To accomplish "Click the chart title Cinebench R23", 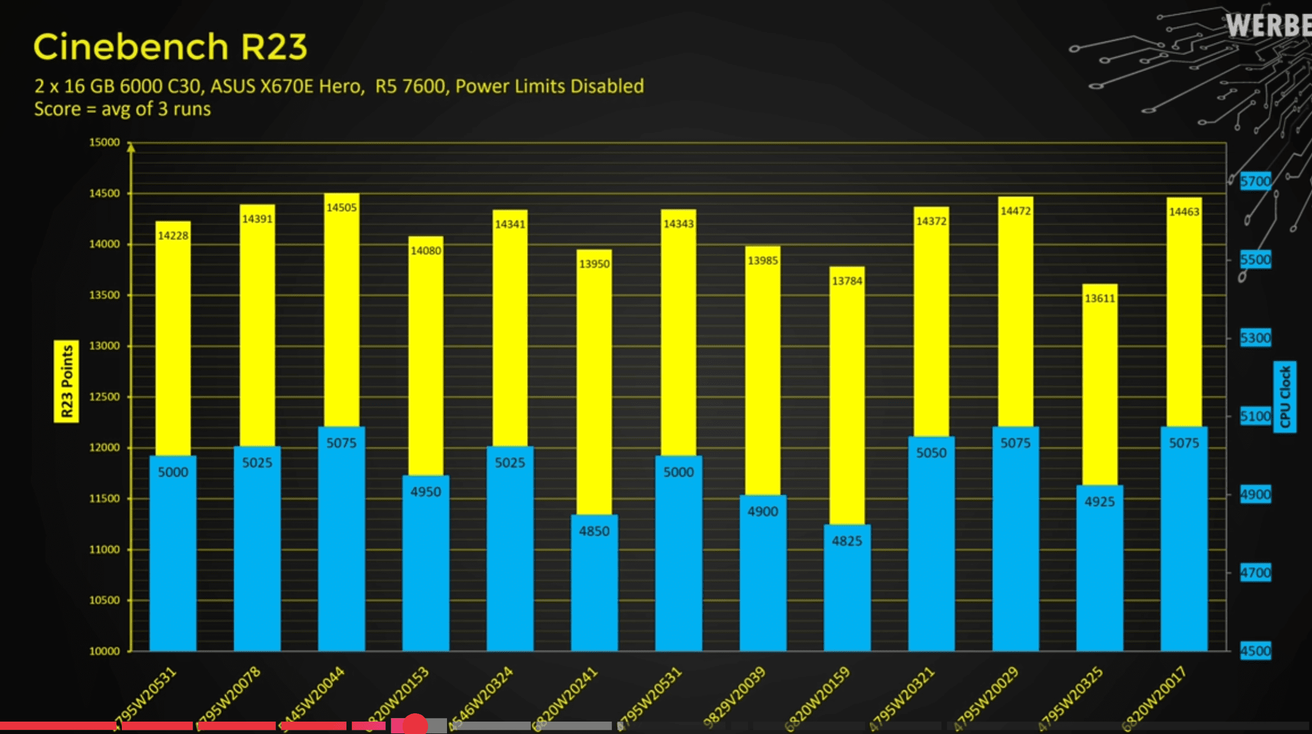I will tap(170, 47).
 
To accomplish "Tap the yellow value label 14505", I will tap(341, 208).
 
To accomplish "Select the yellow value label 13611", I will tap(1099, 298).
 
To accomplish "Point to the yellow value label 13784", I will tap(847, 281).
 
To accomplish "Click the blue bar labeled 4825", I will tap(847, 586).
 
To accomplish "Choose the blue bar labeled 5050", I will tap(931, 544).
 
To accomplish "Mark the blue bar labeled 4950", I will tap(426, 562).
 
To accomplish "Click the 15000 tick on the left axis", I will tap(104, 143).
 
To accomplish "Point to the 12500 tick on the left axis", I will tap(104, 397).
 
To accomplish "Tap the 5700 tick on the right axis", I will tap(1255, 181).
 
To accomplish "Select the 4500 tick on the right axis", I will tap(1255, 651).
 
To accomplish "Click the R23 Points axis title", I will tap(66, 381).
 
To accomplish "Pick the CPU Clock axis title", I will tap(1284, 396).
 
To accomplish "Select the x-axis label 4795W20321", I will tap(902, 698).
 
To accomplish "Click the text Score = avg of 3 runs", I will tap(122, 109).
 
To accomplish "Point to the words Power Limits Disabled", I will tap(549, 86).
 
